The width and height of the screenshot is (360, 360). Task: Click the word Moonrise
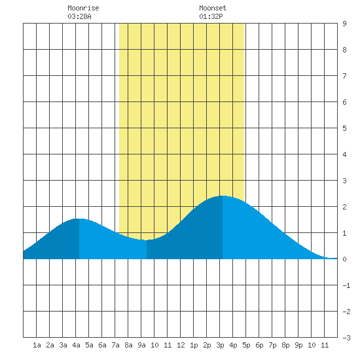(x=83, y=8)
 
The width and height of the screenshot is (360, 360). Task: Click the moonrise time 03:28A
(x=79, y=16)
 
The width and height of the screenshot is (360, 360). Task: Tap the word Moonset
(x=213, y=8)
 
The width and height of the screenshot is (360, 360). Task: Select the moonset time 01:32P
(x=211, y=16)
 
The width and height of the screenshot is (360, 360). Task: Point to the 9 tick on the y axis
(x=344, y=24)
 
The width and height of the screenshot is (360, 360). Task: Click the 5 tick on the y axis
(x=344, y=128)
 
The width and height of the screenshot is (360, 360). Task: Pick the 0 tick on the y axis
(x=344, y=259)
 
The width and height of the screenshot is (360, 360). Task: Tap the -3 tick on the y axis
(x=346, y=338)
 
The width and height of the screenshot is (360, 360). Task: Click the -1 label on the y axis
(x=346, y=285)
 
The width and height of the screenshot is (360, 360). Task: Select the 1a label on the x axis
(x=37, y=345)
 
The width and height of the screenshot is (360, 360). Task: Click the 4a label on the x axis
(x=76, y=345)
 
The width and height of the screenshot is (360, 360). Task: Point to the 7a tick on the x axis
(x=115, y=345)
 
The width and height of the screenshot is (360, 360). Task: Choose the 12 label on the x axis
(x=181, y=345)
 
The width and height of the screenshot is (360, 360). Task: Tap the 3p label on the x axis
(x=220, y=345)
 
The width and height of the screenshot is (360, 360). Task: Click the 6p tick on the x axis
(x=259, y=345)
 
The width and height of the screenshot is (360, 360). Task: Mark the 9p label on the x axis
(x=298, y=345)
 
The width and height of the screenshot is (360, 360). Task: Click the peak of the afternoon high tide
(x=223, y=196)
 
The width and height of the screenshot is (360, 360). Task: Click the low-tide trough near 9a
(x=147, y=240)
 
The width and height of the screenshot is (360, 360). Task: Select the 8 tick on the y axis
(x=344, y=50)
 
